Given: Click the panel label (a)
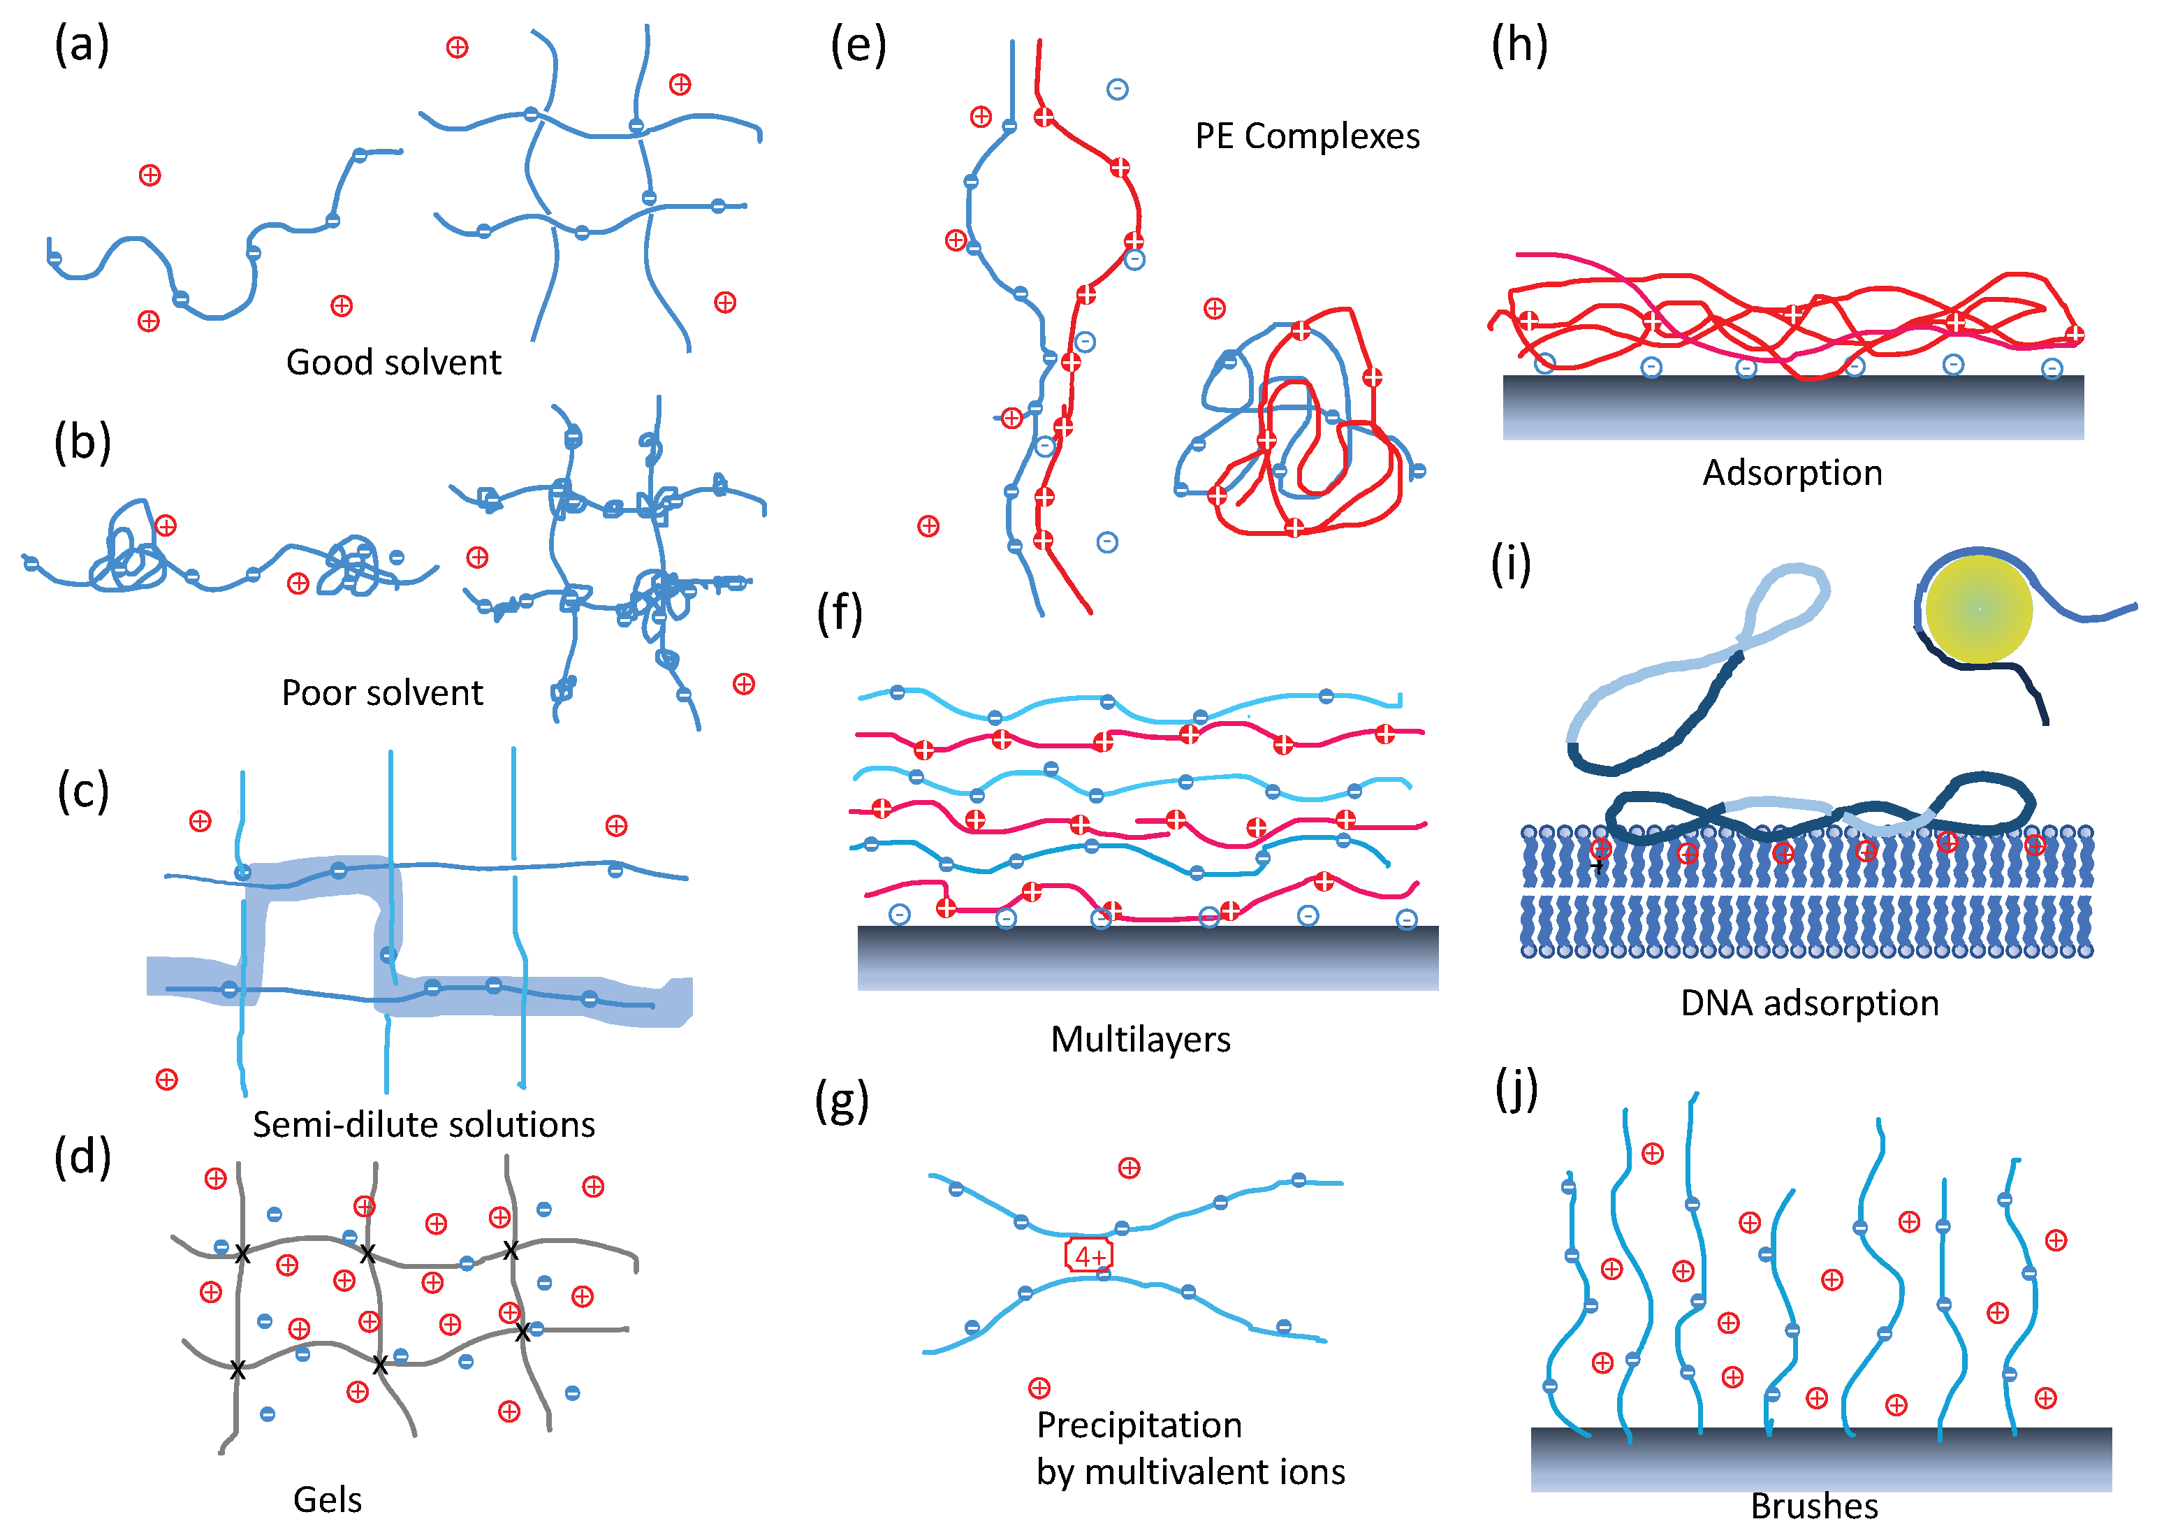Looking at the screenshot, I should coord(82,45).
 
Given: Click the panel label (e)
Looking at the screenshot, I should coord(858,45).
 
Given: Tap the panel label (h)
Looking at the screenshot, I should coord(1519,45).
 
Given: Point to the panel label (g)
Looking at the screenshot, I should coord(842,1102).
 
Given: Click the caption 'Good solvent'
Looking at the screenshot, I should coord(393,362).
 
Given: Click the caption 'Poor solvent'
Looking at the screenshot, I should coord(382,693).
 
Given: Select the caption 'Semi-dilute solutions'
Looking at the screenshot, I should coord(424,1125).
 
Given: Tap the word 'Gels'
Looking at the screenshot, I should coord(327,1500).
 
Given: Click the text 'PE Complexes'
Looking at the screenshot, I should coord(1307,136).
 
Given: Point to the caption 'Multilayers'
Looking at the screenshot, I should coord(1140,1039).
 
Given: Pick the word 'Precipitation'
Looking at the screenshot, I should coord(1139,1425).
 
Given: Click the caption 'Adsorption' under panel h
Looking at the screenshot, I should coord(1792,472).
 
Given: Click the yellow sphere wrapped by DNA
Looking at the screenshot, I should coord(1978,608).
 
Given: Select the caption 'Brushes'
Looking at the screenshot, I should coord(1814,1506).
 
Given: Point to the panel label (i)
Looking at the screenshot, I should coord(1511,565).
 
